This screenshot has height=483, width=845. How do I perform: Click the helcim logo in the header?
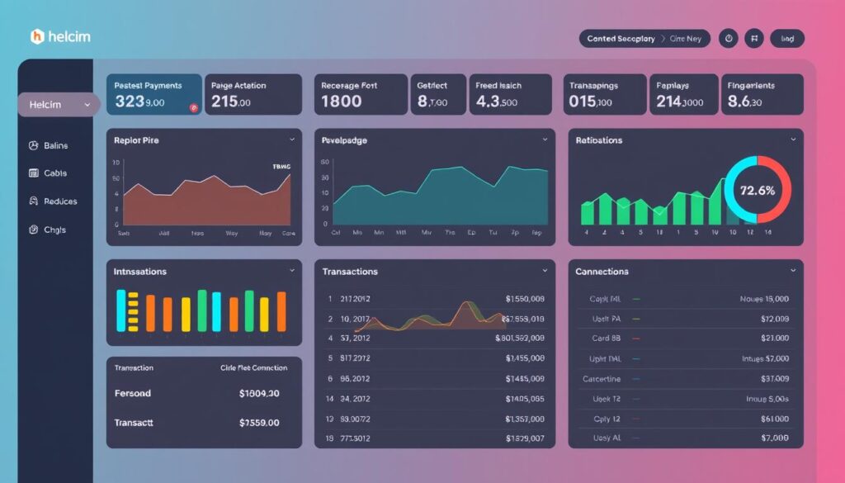60,37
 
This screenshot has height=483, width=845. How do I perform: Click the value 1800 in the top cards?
341,102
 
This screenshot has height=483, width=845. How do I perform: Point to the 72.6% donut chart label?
757,190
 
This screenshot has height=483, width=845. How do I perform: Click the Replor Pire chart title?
136,140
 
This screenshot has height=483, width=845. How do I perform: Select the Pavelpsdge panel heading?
344,140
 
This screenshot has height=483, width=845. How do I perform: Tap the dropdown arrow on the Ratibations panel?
792,140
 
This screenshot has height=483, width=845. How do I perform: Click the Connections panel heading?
602,272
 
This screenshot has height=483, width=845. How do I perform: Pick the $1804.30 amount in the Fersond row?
259,394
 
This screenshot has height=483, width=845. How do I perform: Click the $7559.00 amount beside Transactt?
259,423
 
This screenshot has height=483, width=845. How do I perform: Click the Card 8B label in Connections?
606,339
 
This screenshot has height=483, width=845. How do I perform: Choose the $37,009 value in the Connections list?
774,379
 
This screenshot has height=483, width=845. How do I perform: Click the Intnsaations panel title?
139,272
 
